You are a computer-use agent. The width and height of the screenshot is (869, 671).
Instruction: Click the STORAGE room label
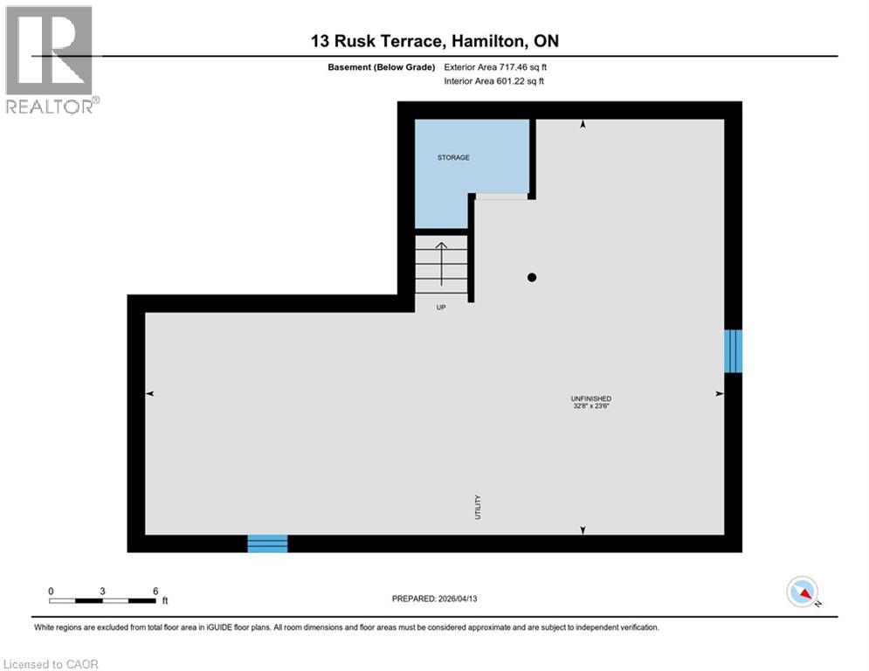tap(453, 157)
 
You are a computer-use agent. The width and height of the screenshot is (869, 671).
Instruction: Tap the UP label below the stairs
tap(441, 307)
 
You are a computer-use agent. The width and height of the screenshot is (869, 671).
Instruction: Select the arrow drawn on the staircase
tap(441, 264)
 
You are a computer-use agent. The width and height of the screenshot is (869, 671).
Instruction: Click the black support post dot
tap(531, 278)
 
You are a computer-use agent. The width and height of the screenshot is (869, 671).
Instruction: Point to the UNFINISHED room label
tap(591, 398)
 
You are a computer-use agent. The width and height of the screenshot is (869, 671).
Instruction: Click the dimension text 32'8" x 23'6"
tap(591, 406)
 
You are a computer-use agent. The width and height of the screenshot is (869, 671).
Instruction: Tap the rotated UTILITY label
tap(478, 507)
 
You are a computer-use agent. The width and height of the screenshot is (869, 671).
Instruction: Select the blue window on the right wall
tap(733, 350)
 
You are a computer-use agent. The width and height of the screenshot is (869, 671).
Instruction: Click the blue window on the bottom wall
tap(267, 543)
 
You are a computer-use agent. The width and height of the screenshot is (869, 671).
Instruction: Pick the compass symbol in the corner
tap(802, 592)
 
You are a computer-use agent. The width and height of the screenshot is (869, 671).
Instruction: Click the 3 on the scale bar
tap(103, 591)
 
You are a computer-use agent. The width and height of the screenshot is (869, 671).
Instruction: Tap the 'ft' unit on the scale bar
tap(164, 601)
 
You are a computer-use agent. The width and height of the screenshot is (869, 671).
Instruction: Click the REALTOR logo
tap(51, 59)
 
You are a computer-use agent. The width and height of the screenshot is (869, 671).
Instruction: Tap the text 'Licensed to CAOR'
tap(52, 664)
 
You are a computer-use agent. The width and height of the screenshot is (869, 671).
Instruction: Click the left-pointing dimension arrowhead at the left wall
tap(149, 394)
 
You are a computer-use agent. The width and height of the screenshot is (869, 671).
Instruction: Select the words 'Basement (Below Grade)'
tap(381, 66)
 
